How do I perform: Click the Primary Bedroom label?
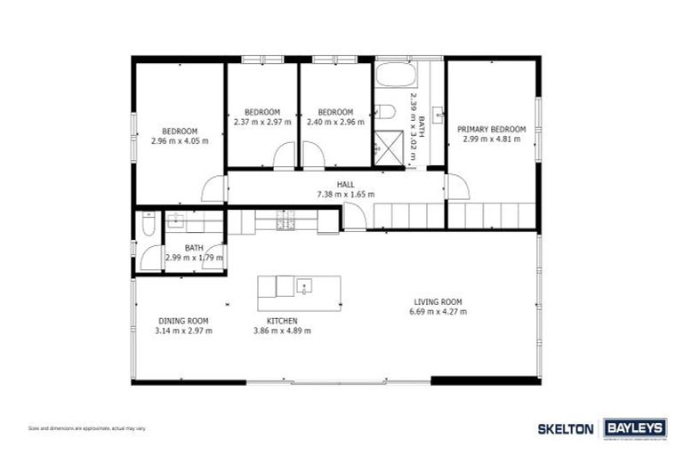[492, 129]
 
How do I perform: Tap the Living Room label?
[438, 301]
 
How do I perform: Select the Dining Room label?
[183, 321]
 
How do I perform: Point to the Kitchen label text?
[282, 321]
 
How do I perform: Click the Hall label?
[346, 184]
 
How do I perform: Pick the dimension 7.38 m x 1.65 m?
[346, 194]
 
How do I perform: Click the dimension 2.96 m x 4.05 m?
[180, 140]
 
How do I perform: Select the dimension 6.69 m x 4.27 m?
[438, 312]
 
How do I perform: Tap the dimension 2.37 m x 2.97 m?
[262, 122]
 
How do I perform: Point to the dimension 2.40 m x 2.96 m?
[335, 122]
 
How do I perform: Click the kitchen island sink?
[304, 286]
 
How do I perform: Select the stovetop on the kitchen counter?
[285, 220]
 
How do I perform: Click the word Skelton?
[566, 428]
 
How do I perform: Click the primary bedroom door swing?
[458, 188]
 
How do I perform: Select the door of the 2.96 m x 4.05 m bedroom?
[214, 188]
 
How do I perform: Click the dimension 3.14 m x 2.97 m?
[183, 331]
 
